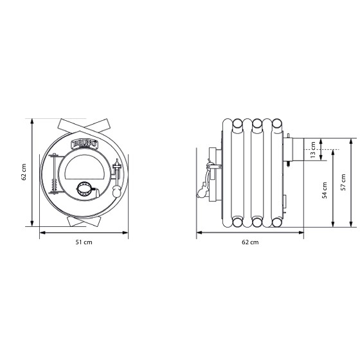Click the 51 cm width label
click(84, 242)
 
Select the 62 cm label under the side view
click(250, 242)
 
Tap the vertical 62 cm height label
click(24, 172)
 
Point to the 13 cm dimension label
click(312, 150)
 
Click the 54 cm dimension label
click(325, 190)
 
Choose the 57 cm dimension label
click(343, 183)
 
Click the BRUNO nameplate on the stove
click(85, 144)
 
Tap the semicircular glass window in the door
click(84, 167)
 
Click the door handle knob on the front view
click(116, 192)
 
